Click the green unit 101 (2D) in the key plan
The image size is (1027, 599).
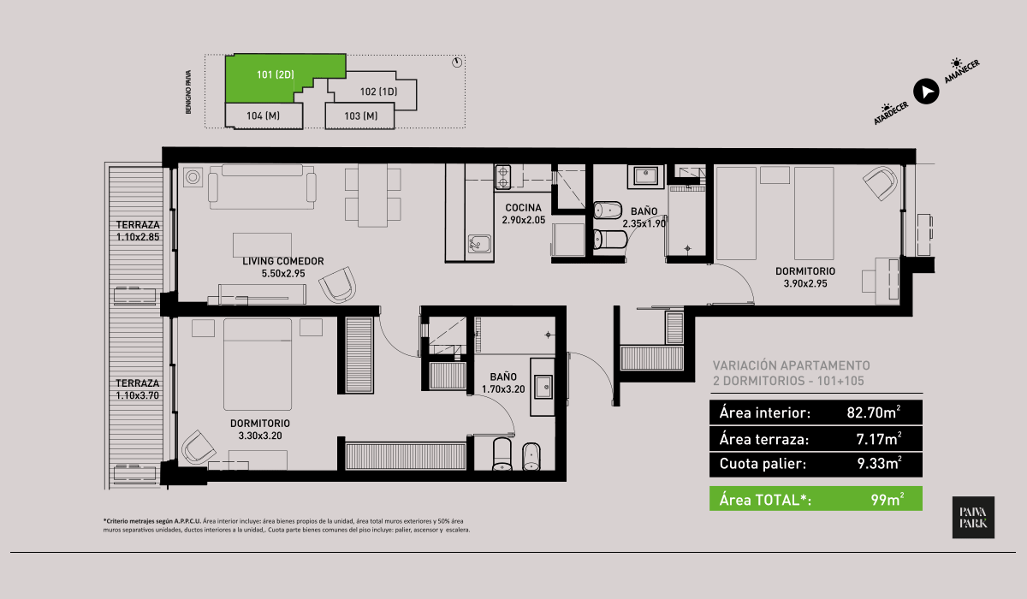click(275, 78)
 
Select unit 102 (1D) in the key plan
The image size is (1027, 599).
click(378, 92)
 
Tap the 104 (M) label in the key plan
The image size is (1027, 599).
click(264, 116)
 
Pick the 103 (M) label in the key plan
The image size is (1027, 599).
click(361, 116)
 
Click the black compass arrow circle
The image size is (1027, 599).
click(926, 92)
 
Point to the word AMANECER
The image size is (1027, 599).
click(961, 72)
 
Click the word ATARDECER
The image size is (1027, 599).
click(891, 113)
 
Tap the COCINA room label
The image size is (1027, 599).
click(523, 208)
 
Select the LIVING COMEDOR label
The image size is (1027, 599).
click(283, 261)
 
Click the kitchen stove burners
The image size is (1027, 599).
click(503, 177)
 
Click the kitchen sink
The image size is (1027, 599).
click(479, 244)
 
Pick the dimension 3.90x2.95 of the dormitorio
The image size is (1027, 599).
click(805, 284)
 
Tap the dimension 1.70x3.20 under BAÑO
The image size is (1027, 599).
click(503, 389)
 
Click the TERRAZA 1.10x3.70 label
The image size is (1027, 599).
click(137, 389)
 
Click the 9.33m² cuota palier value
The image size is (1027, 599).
click(879, 463)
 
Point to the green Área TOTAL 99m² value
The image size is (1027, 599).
click(887, 499)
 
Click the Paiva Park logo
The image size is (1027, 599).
click(973, 517)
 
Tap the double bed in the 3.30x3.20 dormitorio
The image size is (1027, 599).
click(258, 365)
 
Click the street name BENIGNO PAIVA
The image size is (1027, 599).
click(188, 92)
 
